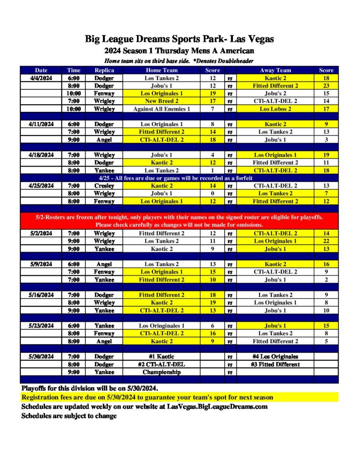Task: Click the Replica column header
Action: pos(104,70)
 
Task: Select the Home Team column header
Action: pos(162,70)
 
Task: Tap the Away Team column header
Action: pos(275,70)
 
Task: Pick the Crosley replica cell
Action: pos(104,186)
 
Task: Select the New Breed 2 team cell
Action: pos(162,101)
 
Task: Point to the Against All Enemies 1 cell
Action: pos(162,109)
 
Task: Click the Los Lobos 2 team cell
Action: pos(275,109)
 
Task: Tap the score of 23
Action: pos(326,86)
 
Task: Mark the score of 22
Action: pos(326,241)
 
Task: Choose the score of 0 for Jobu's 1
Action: pos(213,193)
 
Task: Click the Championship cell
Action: pos(162,372)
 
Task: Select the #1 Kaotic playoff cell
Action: pos(162,356)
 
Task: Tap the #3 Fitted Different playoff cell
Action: pos(275,364)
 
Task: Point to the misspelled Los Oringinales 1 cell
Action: pos(162,325)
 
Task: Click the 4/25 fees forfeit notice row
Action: pos(179,178)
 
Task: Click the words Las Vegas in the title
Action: pos(252,39)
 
